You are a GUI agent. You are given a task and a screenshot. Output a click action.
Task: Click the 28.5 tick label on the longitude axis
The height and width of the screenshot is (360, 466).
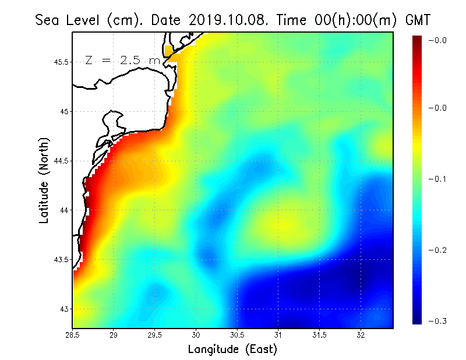coord(72,334)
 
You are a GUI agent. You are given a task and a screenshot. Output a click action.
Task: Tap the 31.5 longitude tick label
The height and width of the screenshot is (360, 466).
coord(320,334)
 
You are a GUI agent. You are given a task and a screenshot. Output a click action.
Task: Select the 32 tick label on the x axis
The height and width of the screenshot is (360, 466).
coord(361,334)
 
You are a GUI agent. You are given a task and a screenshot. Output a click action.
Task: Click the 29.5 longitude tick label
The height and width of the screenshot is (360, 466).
coord(155,334)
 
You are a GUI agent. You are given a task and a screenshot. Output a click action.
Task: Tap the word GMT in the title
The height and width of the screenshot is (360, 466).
coord(417,20)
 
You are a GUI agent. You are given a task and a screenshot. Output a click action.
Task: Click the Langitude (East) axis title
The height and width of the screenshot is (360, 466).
coord(232,349)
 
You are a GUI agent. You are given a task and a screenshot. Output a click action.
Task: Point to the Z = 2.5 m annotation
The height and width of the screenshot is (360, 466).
coord(123,60)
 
